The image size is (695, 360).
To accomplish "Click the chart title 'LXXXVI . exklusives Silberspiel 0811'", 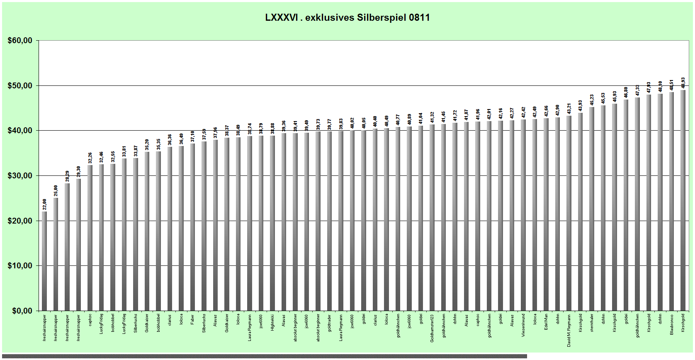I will (x=347, y=17).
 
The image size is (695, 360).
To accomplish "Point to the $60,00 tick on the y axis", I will (x=20, y=41).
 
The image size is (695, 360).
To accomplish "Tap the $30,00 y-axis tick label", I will (x=20, y=176).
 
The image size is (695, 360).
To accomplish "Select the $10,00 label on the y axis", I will (x=20, y=266).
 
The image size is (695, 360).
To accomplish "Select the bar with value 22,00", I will (x=44, y=261).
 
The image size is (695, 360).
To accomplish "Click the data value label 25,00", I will (x=56, y=191).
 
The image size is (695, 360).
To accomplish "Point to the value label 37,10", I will (x=193, y=136).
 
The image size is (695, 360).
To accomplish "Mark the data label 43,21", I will (x=569, y=109).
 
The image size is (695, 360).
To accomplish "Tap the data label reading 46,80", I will (x=626, y=92).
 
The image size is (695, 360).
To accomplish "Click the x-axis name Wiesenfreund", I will (x=523, y=325).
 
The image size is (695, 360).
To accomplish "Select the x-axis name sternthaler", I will (x=592, y=323).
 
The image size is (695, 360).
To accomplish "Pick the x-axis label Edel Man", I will (x=546, y=322).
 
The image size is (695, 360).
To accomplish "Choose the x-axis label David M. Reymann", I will (x=569, y=330).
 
